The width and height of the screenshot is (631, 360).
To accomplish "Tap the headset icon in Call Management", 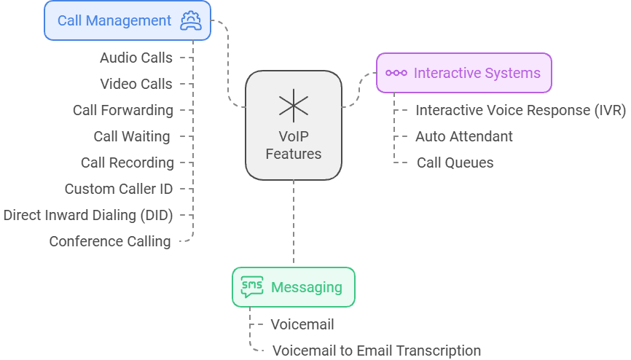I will coord(190,20).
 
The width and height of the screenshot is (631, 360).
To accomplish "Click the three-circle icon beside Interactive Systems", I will coord(396,73).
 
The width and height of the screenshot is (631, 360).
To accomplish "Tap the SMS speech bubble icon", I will coord(252,287).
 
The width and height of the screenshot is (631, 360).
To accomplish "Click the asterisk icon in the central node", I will coord(293,106).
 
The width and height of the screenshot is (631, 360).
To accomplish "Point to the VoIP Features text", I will coord(293,145).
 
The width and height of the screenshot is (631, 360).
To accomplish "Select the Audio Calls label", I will coord(136,58).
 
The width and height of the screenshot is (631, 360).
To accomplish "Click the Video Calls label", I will coord(136,84).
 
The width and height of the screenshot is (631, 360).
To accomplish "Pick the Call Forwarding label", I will coord(123,110).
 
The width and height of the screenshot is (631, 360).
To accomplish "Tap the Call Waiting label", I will coord(132,136).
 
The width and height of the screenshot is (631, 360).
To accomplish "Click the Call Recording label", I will coord(127,163).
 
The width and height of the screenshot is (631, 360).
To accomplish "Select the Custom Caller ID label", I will coord(119,189).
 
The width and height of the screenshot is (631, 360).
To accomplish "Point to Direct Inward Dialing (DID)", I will coord(88,215).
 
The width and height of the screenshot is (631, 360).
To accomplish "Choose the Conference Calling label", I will coord(110,241).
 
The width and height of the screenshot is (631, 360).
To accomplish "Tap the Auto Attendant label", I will coord(464,136).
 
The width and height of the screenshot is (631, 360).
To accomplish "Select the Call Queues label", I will coord(455,163).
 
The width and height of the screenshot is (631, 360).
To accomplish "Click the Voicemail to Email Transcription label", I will coord(376,351).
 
